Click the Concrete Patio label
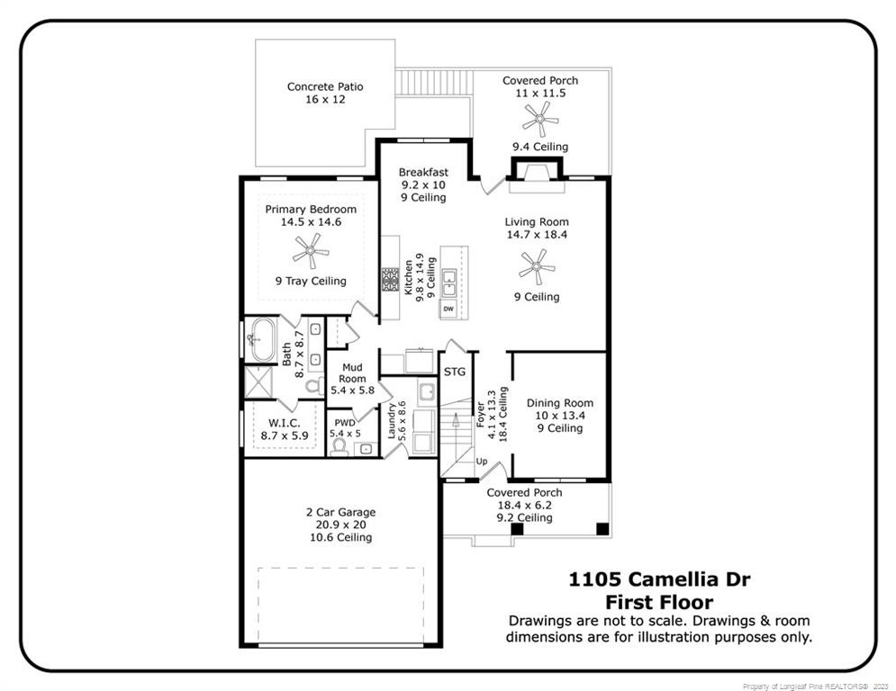pyautogui.click(x=325, y=87)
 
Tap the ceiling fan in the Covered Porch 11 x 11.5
pyautogui.click(x=540, y=116)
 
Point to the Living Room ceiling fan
pyautogui.click(x=537, y=266)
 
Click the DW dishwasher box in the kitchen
pyautogui.click(x=448, y=310)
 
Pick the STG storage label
pyautogui.click(x=455, y=372)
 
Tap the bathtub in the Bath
pyautogui.click(x=265, y=340)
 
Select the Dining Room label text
pyautogui.click(x=560, y=403)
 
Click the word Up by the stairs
pyautogui.click(x=482, y=462)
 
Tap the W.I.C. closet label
pyautogui.click(x=284, y=423)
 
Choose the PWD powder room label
pyautogui.click(x=345, y=422)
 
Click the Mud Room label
pyautogui.click(x=352, y=372)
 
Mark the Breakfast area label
pyautogui.click(x=423, y=172)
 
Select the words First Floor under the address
pyautogui.click(x=658, y=602)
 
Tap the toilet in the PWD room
pyautogui.click(x=339, y=446)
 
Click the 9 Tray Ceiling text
pyautogui.click(x=311, y=281)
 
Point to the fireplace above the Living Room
pyautogui.click(x=536, y=171)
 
